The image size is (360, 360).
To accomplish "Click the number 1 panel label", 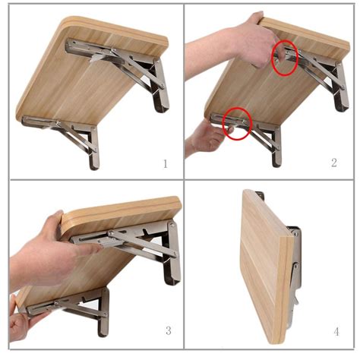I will click(x=165, y=163).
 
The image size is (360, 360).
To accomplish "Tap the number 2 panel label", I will click(x=333, y=163).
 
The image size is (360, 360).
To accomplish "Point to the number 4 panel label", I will click(x=335, y=331).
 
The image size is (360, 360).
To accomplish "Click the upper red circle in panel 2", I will click(x=284, y=58).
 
